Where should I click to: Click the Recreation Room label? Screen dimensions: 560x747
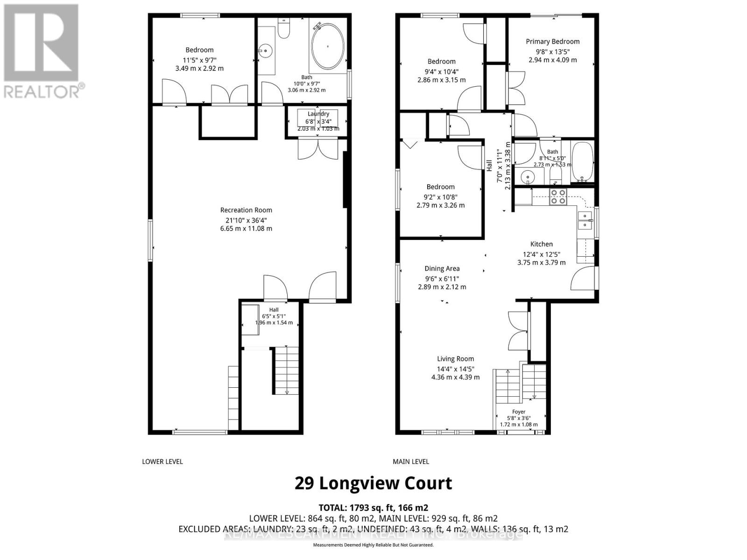(246, 210)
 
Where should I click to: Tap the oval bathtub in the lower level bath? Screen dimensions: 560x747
(328, 47)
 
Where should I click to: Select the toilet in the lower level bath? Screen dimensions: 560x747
(283, 29)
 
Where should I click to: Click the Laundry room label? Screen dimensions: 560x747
(318, 114)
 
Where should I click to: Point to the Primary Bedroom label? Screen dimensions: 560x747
(552, 42)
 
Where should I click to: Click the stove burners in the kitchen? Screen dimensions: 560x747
(558, 197)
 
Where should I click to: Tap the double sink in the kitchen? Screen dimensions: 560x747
(584, 220)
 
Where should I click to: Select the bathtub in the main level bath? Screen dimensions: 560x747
(582, 162)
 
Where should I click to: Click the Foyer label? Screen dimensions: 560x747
(519, 412)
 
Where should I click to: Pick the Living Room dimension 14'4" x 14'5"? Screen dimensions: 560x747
(455, 368)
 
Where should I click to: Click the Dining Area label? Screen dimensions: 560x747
(442, 268)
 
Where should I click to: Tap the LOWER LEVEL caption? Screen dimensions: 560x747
(162, 462)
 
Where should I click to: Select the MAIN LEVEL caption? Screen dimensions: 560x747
(410, 462)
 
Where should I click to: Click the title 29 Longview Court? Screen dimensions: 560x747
(373, 483)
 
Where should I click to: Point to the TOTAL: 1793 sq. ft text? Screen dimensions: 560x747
(373, 507)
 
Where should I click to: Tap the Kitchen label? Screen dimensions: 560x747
(541, 244)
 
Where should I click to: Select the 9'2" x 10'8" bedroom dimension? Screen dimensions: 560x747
(440, 196)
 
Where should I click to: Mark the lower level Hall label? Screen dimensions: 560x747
(274, 310)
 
